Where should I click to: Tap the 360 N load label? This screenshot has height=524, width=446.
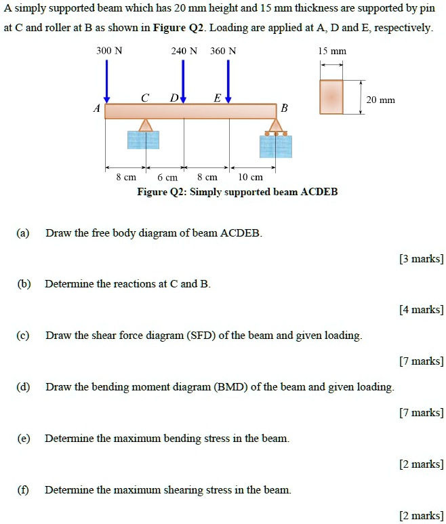click(224, 51)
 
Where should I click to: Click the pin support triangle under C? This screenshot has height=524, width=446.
click(145, 125)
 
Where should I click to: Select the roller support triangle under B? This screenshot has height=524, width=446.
click(275, 125)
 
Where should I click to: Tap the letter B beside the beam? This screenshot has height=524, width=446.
click(284, 108)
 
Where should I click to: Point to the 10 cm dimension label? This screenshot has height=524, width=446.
click(251, 177)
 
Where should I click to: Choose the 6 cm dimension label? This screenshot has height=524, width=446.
click(167, 177)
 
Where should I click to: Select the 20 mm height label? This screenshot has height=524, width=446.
click(380, 100)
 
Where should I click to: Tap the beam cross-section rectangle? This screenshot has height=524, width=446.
click(331, 97)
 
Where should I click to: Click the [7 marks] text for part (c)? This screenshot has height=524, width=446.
click(421, 361)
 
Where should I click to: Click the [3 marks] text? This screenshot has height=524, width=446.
click(421, 258)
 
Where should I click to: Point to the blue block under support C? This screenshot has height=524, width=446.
click(144, 140)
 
